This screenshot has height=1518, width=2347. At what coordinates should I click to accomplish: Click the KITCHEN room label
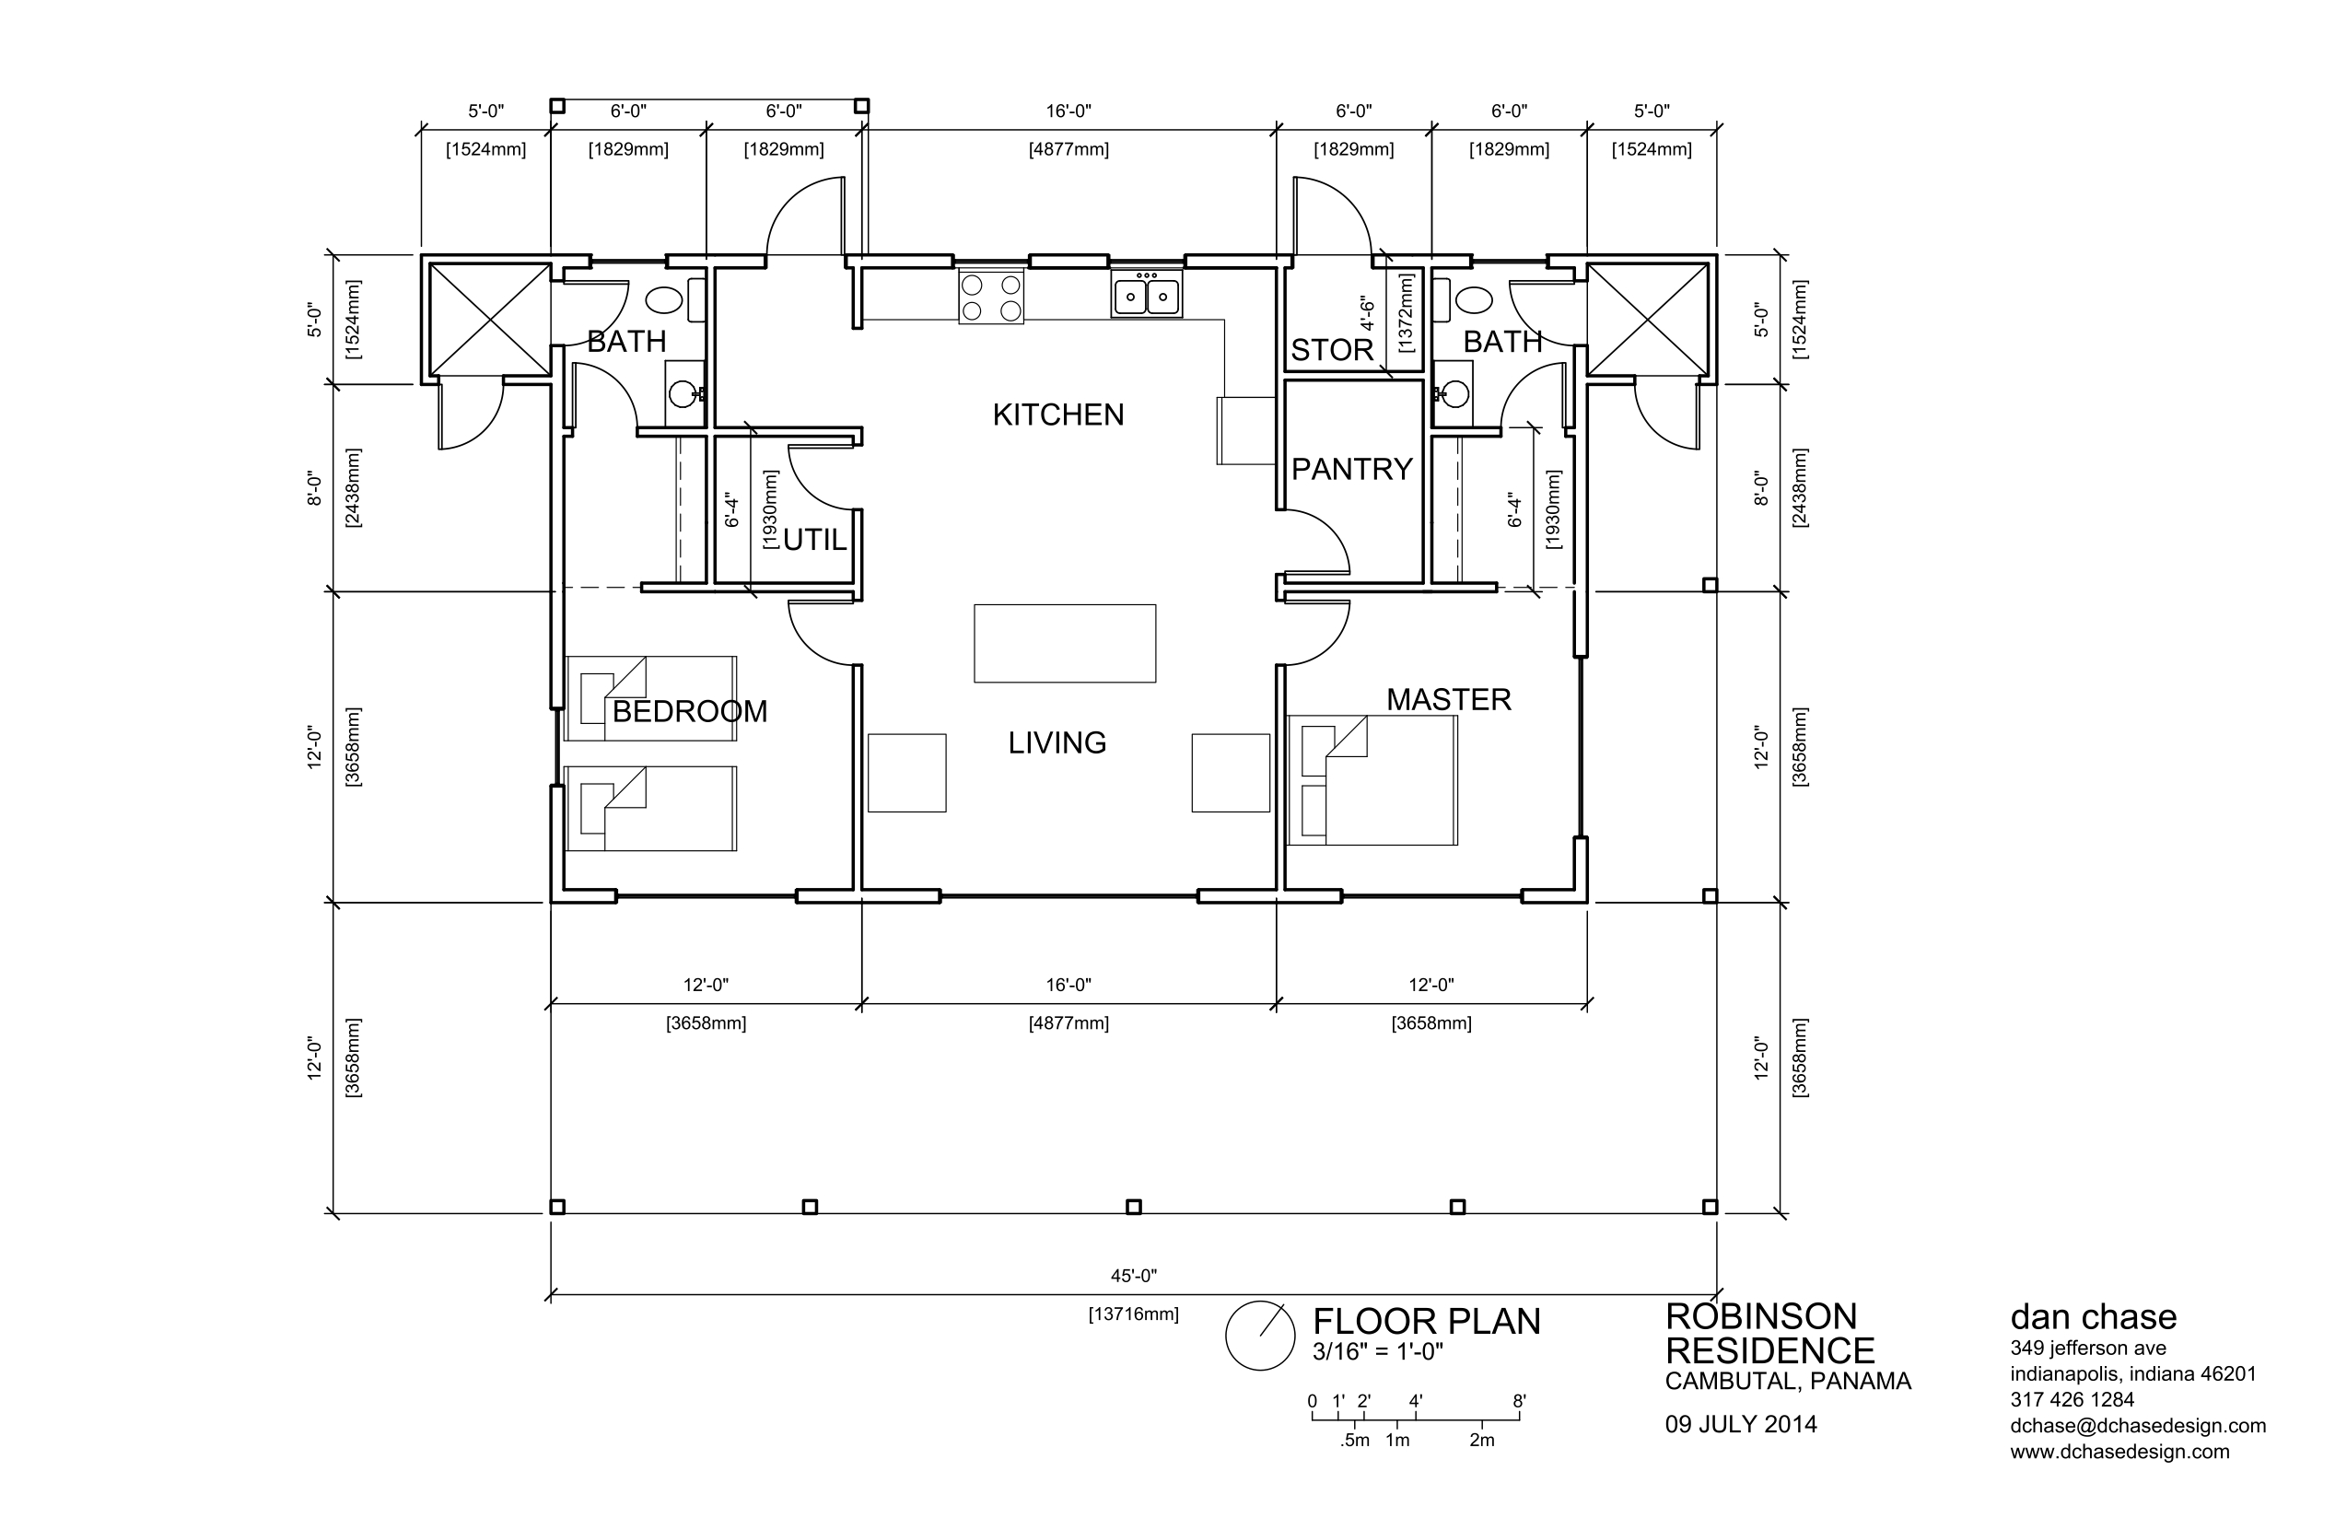[1057, 415]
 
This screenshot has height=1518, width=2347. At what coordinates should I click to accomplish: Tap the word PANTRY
[1351, 469]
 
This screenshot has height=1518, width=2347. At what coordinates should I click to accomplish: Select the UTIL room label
[815, 540]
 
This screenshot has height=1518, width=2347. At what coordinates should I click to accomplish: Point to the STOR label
[1332, 350]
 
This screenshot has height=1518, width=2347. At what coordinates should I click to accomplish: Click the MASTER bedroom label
[1448, 700]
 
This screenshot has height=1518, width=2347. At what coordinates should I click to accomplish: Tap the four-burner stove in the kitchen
[990, 297]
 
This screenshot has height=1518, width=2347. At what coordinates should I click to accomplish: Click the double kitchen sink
[1147, 294]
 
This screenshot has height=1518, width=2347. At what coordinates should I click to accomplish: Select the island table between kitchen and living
[1065, 644]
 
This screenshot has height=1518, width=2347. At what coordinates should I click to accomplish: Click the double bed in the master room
[1372, 779]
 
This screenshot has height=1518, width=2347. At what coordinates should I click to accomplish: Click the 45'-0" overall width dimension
[1133, 1276]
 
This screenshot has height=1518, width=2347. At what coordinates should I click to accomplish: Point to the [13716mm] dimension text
[1134, 1314]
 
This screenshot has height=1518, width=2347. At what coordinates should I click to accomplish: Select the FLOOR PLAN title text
[1426, 1322]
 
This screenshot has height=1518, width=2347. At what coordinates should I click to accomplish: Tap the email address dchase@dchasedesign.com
[2138, 1425]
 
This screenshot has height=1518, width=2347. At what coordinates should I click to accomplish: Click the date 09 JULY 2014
[1741, 1424]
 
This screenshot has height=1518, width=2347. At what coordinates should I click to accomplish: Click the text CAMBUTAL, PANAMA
[1788, 1381]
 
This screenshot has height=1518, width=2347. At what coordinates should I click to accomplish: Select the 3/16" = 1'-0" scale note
[1378, 1351]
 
